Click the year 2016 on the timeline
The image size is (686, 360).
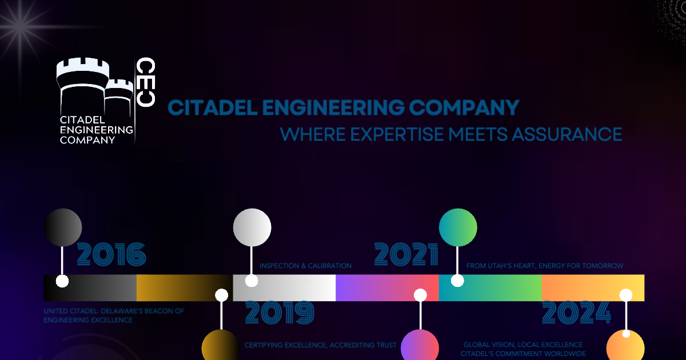tap(111, 255)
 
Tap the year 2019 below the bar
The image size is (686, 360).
tap(280, 313)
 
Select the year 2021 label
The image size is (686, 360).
tap(406, 255)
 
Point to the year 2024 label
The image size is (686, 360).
tap(576, 313)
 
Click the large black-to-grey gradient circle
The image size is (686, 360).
tap(63, 227)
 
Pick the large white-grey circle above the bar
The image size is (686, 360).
tap(252, 227)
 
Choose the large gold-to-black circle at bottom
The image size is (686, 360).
tap(221, 346)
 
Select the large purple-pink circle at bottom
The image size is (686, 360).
tap(420, 346)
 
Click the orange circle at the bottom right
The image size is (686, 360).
tap(625, 346)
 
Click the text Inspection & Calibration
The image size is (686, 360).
tap(305, 266)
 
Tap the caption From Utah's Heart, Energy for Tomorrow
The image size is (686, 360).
tap(545, 266)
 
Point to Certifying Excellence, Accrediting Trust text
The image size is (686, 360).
tap(320, 345)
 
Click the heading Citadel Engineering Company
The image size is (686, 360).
tap(343, 107)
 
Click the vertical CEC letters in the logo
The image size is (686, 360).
tap(146, 82)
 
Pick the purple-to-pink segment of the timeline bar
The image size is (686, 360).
tap(387, 287)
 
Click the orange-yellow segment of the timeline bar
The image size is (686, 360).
tap(593, 287)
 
